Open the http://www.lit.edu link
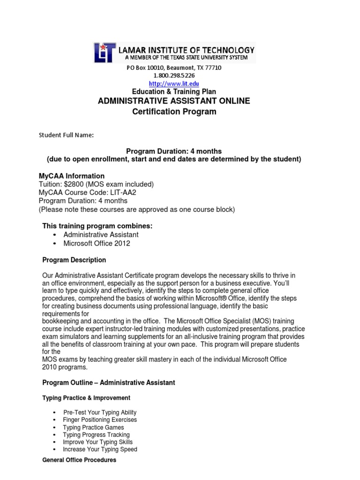pyautogui.click(x=174, y=83)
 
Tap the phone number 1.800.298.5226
pyautogui.click(x=174, y=75)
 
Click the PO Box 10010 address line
pyautogui.click(x=174, y=67)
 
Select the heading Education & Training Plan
pyautogui.click(x=174, y=92)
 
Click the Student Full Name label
pyautogui.click(x=66, y=135)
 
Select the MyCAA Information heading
pyautogui.click(x=72, y=176)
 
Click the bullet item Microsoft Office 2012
pyautogui.click(x=97, y=243)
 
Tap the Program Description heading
pyautogui.click(x=74, y=260)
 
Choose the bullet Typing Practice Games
pyautogui.click(x=93, y=427)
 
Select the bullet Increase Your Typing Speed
pyautogui.click(x=100, y=450)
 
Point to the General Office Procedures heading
pyautogui.click(x=79, y=460)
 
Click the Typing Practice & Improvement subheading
pyautogui.click(x=86, y=398)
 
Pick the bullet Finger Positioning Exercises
pyautogui.click(x=100, y=420)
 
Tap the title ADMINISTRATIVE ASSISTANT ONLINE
pyautogui.click(x=174, y=101)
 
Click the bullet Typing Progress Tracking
pyautogui.click(x=96, y=435)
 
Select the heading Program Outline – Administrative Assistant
pyautogui.click(x=109, y=383)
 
